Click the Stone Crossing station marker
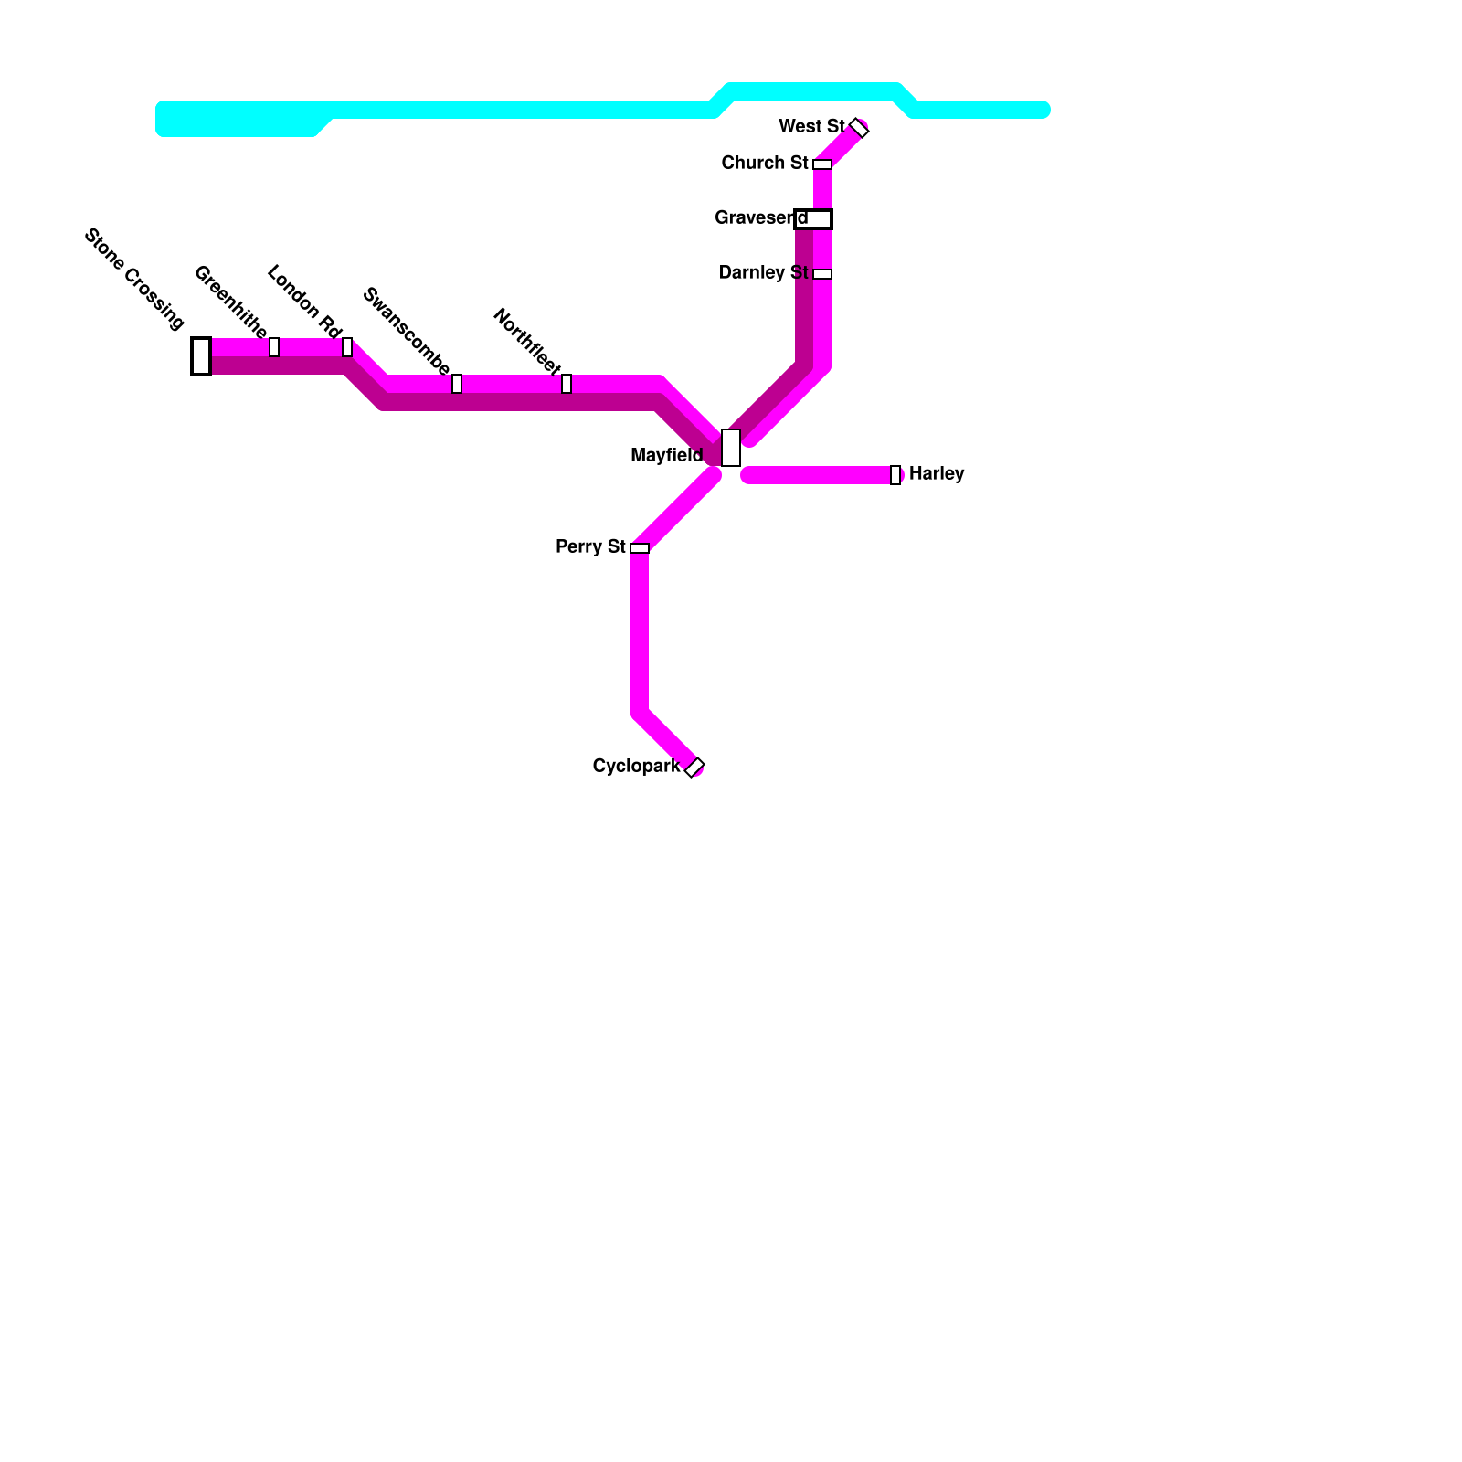coord(201,356)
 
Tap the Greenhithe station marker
coord(274,347)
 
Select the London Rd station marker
coord(347,347)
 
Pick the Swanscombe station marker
coord(457,384)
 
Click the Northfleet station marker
coord(567,384)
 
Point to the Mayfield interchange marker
coord(731,448)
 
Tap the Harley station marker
coord(895,475)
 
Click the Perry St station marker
coord(640,548)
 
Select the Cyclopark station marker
coord(694,768)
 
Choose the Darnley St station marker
coord(822,274)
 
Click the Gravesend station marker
coord(813,219)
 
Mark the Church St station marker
coord(822,164)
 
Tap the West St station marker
coord(859,128)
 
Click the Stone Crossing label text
coord(134,279)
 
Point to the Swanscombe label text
coord(407,331)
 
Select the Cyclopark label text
coord(636,766)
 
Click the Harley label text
coord(937,473)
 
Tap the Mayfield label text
coord(667,455)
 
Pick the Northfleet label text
coord(527,342)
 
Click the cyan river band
coord(512,110)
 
